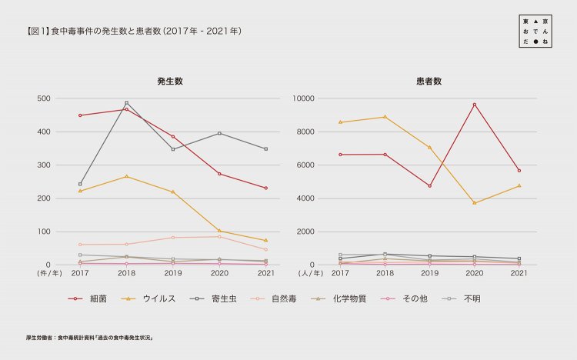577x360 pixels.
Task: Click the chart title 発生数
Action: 169,81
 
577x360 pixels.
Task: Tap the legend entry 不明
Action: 472,298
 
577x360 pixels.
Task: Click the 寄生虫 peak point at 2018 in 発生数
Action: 126,103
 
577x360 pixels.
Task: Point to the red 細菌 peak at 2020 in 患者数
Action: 474,105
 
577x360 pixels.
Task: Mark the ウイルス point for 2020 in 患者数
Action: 474,203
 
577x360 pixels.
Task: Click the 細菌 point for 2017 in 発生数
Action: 80,115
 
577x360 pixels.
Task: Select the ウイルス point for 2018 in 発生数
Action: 126,176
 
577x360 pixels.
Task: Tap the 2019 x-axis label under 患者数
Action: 429,273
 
